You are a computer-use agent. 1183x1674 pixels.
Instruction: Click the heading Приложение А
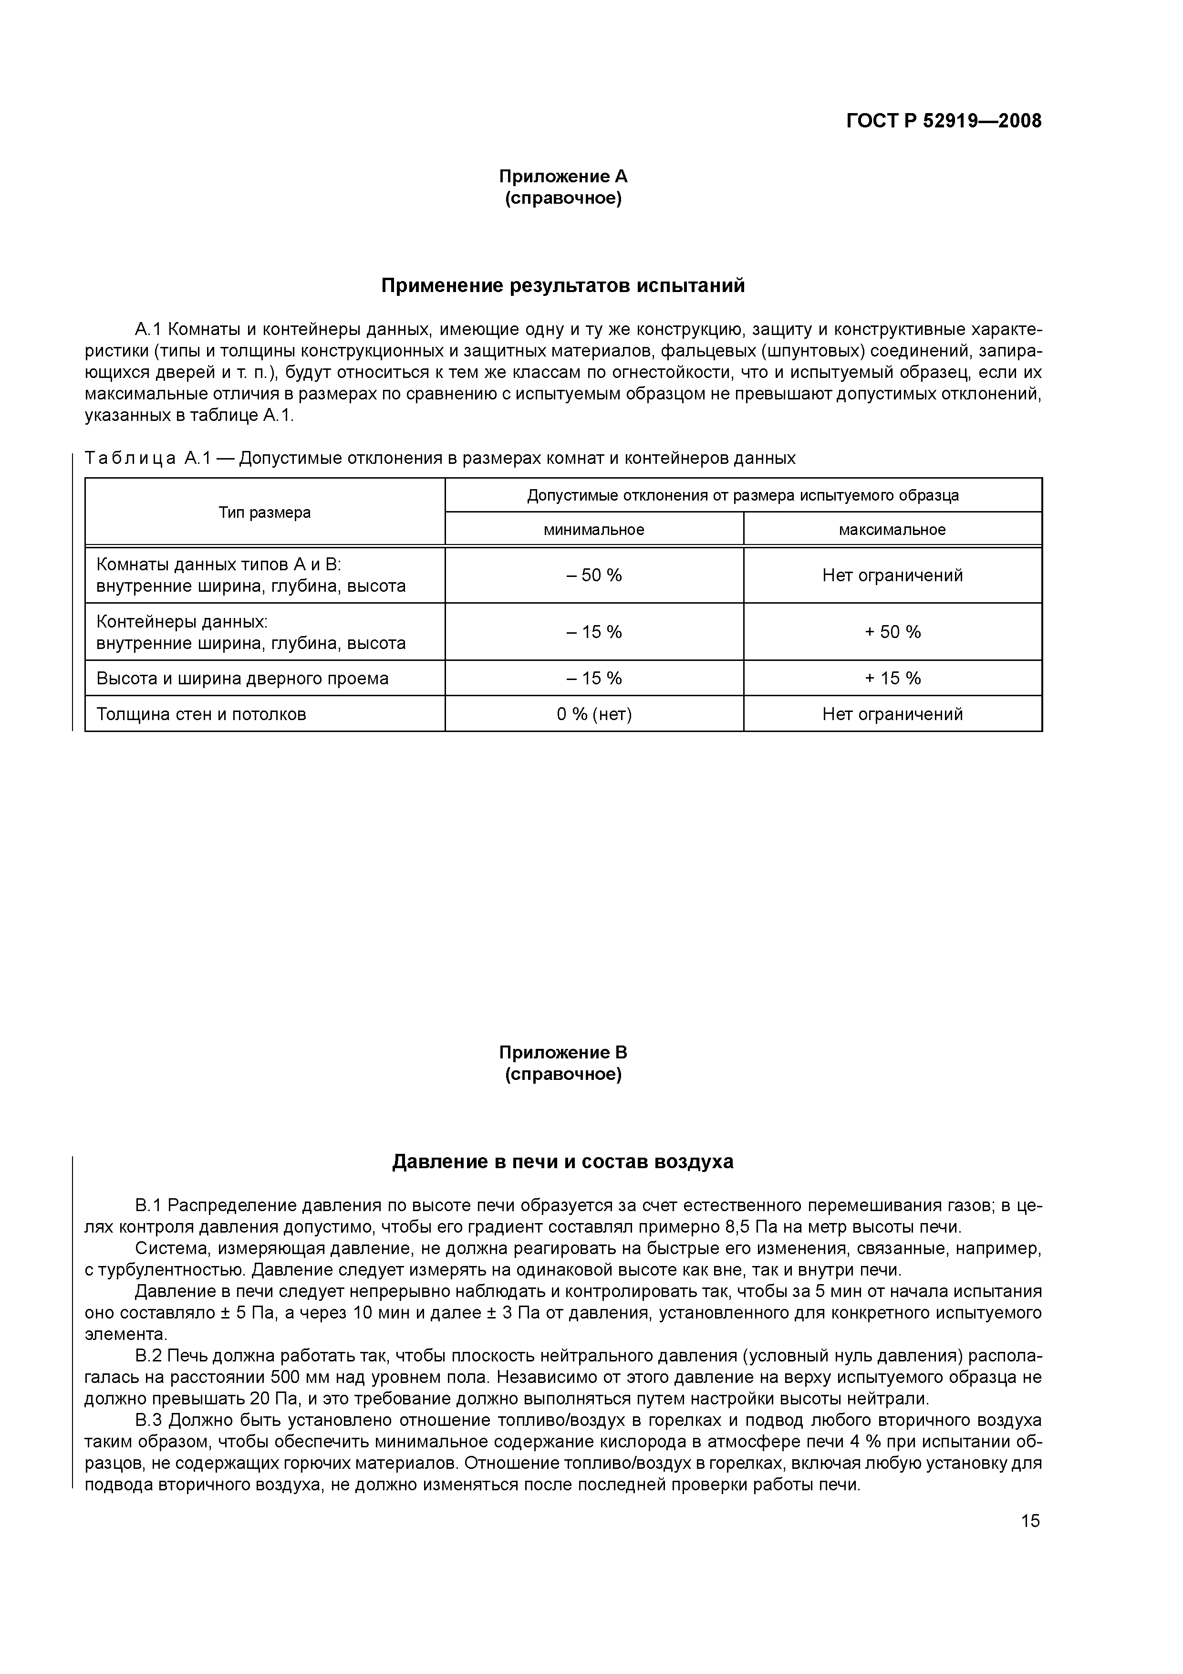[x=563, y=177]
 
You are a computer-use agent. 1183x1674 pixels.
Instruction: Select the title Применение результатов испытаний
[x=563, y=286]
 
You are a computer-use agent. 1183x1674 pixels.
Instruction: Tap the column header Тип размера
[x=265, y=513]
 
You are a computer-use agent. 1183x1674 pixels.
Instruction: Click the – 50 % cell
[x=593, y=575]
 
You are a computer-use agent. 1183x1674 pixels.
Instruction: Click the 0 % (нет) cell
[x=593, y=714]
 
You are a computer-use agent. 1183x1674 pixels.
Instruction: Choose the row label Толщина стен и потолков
[x=201, y=714]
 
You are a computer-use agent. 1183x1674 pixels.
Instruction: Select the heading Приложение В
[x=563, y=1053]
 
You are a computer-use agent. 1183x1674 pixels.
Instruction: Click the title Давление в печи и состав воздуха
[x=563, y=1161]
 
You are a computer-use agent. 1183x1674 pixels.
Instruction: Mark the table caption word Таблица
[x=130, y=459]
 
